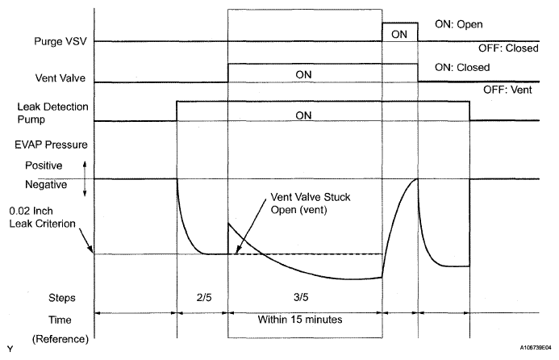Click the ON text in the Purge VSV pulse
(x=398, y=34)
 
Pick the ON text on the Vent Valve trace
(x=303, y=74)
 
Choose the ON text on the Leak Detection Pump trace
(x=303, y=115)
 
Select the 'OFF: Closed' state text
(x=508, y=48)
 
